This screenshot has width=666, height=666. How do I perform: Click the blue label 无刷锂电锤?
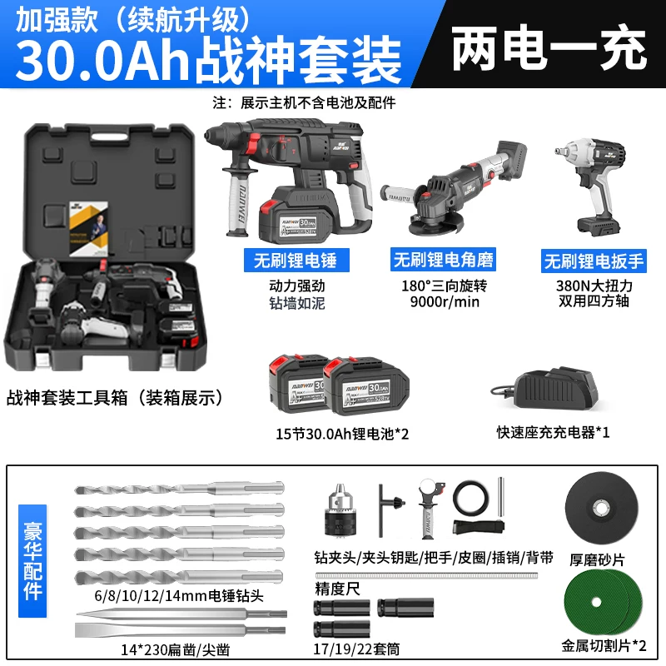click(x=296, y=260)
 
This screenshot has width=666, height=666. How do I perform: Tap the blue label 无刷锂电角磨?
click(x=443, y=260)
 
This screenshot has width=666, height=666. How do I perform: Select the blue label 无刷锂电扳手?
click(x=594, y=261)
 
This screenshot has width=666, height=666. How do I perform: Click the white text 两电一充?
click(x=549, y=47)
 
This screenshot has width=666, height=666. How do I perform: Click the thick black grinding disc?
click(x=601, y=509)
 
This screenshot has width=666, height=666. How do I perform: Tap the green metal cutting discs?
click(x=603, y=602)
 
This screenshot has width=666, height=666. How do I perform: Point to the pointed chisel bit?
click(x=181, y=614)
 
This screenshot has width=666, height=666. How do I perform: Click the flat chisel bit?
click(x=180, y=630)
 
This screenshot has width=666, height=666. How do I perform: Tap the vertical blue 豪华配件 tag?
click(x=32, y=560)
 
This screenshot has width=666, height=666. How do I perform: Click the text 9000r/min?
click(x=445, y=302)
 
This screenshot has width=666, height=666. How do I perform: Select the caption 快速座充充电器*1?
click(x=553, y=432)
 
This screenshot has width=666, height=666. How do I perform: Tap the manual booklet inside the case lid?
click(x=88, y=228)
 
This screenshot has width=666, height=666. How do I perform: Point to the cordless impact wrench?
click(x=590, y=186)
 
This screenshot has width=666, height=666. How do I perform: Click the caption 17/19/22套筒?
click(x=357, y=649)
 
